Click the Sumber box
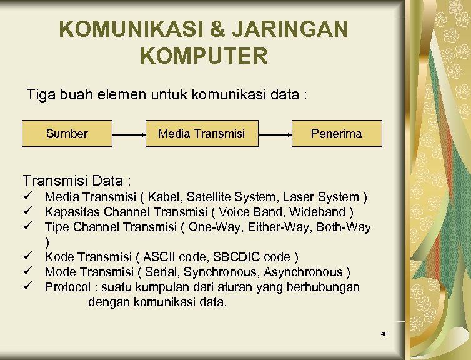67,133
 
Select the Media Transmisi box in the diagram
201,133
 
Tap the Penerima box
336,133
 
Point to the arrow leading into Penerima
275,134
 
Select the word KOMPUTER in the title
204,56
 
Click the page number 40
384,334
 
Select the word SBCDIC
237,257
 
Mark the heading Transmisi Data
76,181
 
